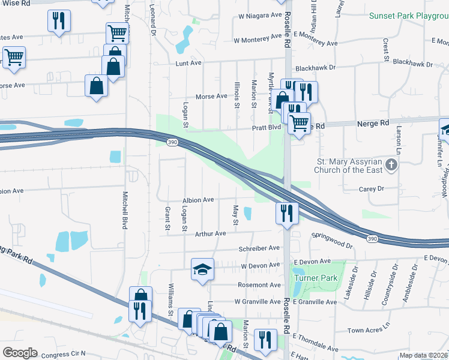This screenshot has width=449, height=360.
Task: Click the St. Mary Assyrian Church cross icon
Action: click(391, 164)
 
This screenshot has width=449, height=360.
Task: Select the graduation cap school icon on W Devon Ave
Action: click(203, 269)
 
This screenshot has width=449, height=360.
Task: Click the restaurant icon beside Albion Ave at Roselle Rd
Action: click(287, 212)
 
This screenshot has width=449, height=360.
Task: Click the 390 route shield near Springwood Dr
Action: click(372, 239)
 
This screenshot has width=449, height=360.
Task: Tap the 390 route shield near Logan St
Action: click(172, 142)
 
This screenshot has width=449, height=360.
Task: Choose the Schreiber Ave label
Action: click(259, 248)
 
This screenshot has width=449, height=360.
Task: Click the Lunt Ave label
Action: click(187, 63)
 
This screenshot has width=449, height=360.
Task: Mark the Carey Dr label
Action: click(370, 188)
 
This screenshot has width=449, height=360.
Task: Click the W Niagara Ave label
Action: click(259, 15)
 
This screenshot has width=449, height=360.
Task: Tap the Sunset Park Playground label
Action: click(408, 16)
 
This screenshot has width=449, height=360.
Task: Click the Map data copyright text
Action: click(423, 355)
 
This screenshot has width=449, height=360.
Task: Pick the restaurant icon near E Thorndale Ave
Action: click(265, 340)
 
